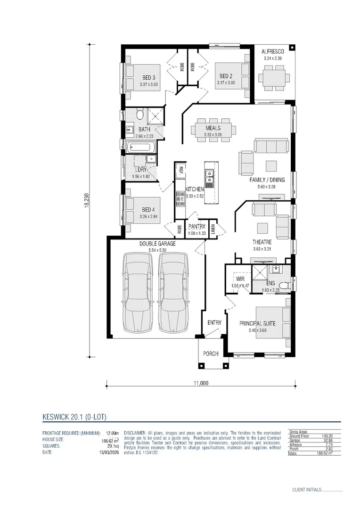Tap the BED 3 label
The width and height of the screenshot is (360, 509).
coord(148,78)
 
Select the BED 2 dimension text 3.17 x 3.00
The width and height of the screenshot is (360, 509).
coord(226,83)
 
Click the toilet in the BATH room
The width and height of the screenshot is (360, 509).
coord(139,115)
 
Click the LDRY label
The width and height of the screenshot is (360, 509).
coord(140,170)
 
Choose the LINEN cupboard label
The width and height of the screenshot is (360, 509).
coord(213,229)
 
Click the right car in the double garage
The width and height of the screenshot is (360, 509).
coord(172,292)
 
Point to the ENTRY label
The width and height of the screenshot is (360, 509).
coord(214,323)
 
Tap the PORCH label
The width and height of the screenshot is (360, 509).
coord(211,354)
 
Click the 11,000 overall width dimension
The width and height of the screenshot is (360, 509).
coord(200,383)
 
